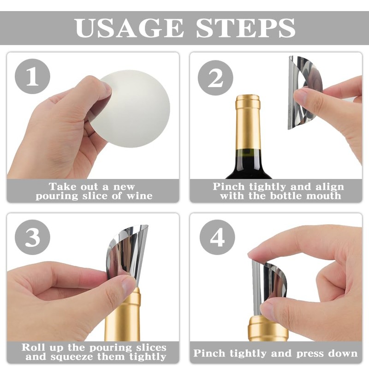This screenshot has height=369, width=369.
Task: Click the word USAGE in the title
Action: (129, 28)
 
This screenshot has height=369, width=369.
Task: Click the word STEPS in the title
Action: (246, 28)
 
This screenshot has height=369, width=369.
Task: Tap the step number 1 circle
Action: (32, 76)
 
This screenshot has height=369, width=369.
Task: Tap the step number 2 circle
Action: (215, 78)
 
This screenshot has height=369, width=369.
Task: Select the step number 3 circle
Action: (32, 237)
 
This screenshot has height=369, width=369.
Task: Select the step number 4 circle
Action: (217, 237)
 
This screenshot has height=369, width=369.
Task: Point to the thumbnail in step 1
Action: (107, 89)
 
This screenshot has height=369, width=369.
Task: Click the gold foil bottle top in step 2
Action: (248, 122)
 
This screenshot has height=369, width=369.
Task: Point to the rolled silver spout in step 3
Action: (125, 254)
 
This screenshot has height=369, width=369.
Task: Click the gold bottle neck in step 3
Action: (123, 315)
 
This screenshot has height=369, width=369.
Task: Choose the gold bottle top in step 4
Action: (268, 328)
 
